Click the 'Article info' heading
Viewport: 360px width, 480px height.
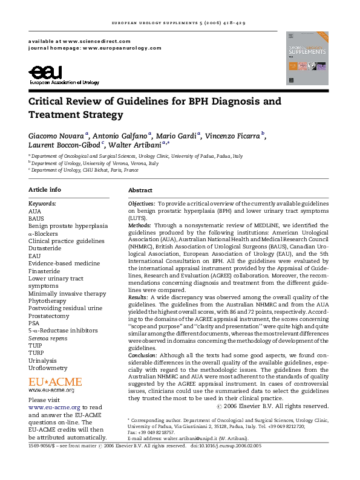pyautogui.click(x=45, y=190)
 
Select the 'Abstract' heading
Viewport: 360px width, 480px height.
pyautogui.click(x=140, y=190)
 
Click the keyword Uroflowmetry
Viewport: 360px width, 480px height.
pyautogui.click(x=48, y=368)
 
